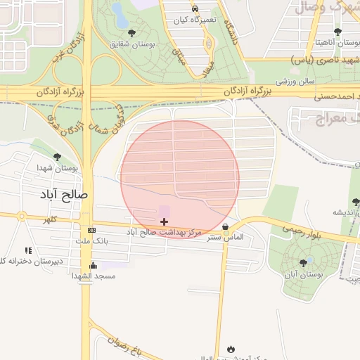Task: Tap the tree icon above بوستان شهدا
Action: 57,157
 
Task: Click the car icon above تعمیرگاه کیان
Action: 194,8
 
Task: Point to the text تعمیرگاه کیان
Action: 195,20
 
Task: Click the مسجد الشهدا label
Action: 93,276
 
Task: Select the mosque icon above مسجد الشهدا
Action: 93,265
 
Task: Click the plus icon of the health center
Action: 165,221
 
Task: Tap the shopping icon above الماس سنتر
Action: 225,227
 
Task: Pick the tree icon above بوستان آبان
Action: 303,262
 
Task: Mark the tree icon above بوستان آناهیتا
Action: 337,31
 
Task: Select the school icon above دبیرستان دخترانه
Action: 28,250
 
